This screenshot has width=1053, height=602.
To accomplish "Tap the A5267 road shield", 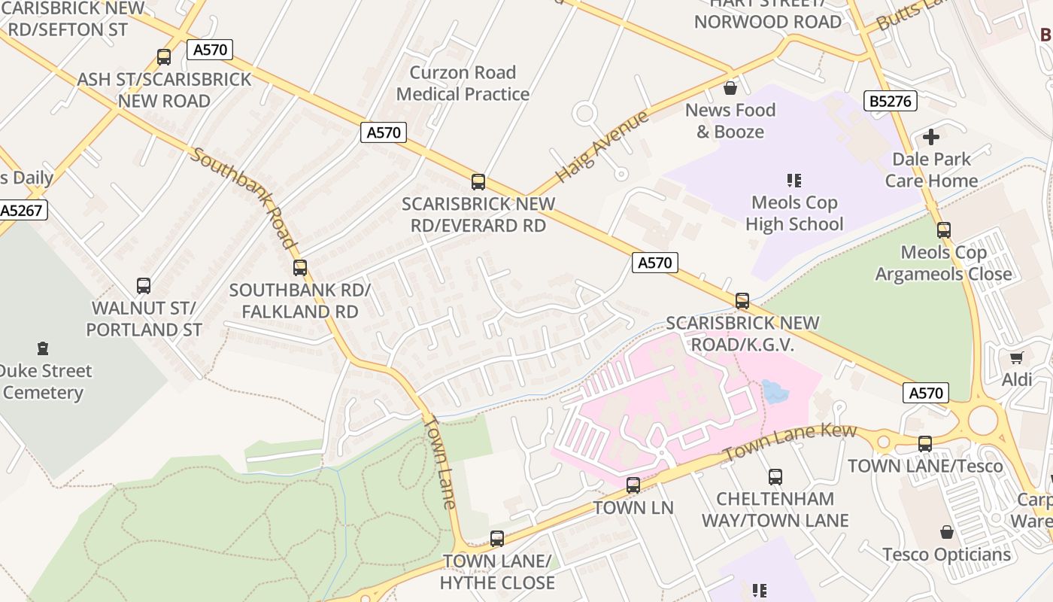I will tap(23, 210).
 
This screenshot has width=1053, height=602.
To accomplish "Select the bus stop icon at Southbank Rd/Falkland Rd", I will tap(300, 267).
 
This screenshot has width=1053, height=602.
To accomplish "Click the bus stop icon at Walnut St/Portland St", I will tap(144, 285).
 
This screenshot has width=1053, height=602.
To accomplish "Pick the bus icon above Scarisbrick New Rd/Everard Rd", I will tap(478, 181).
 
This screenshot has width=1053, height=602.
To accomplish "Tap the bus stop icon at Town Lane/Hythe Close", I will tap(497, 539).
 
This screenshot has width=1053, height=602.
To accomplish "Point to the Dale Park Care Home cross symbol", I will tap(931, 137).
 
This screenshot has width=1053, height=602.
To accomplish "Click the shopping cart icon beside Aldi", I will tap(1017, 357).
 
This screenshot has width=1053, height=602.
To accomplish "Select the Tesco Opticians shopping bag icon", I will tap(947, 532).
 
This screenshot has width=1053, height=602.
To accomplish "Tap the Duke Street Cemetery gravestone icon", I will tap(43, 348).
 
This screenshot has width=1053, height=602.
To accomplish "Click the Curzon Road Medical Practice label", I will tap(463, 83).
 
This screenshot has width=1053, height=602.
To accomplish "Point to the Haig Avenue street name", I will tap(602, 147).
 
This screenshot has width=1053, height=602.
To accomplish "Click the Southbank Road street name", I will tap(242, 197).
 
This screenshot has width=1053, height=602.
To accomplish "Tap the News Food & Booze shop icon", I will tap(730, 88).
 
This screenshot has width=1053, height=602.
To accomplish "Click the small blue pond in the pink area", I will tap(775, 391).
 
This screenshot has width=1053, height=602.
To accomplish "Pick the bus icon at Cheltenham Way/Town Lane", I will tap(775, 476).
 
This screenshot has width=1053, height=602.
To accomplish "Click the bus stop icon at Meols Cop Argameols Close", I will tap(944, 230).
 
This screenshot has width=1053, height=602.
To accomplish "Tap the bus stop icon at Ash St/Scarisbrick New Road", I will tap(164, 56).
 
